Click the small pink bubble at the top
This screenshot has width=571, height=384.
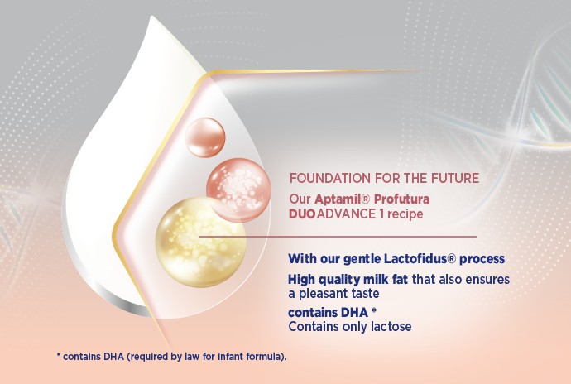point(205,137)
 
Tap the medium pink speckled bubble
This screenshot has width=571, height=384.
point(238,190)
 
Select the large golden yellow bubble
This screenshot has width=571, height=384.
point(200,242)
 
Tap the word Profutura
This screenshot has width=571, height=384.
point(401,199)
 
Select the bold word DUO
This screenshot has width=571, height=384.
point(302,214)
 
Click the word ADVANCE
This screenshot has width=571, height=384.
point(346,214)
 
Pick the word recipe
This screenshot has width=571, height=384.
point(405,214)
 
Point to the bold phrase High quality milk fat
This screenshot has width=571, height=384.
point(348,280)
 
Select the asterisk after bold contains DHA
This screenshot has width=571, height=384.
point(373,310)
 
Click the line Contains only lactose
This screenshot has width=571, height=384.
point(350,326)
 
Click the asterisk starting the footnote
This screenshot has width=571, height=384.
point(58,354)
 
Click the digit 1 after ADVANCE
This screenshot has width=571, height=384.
point(381,214)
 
